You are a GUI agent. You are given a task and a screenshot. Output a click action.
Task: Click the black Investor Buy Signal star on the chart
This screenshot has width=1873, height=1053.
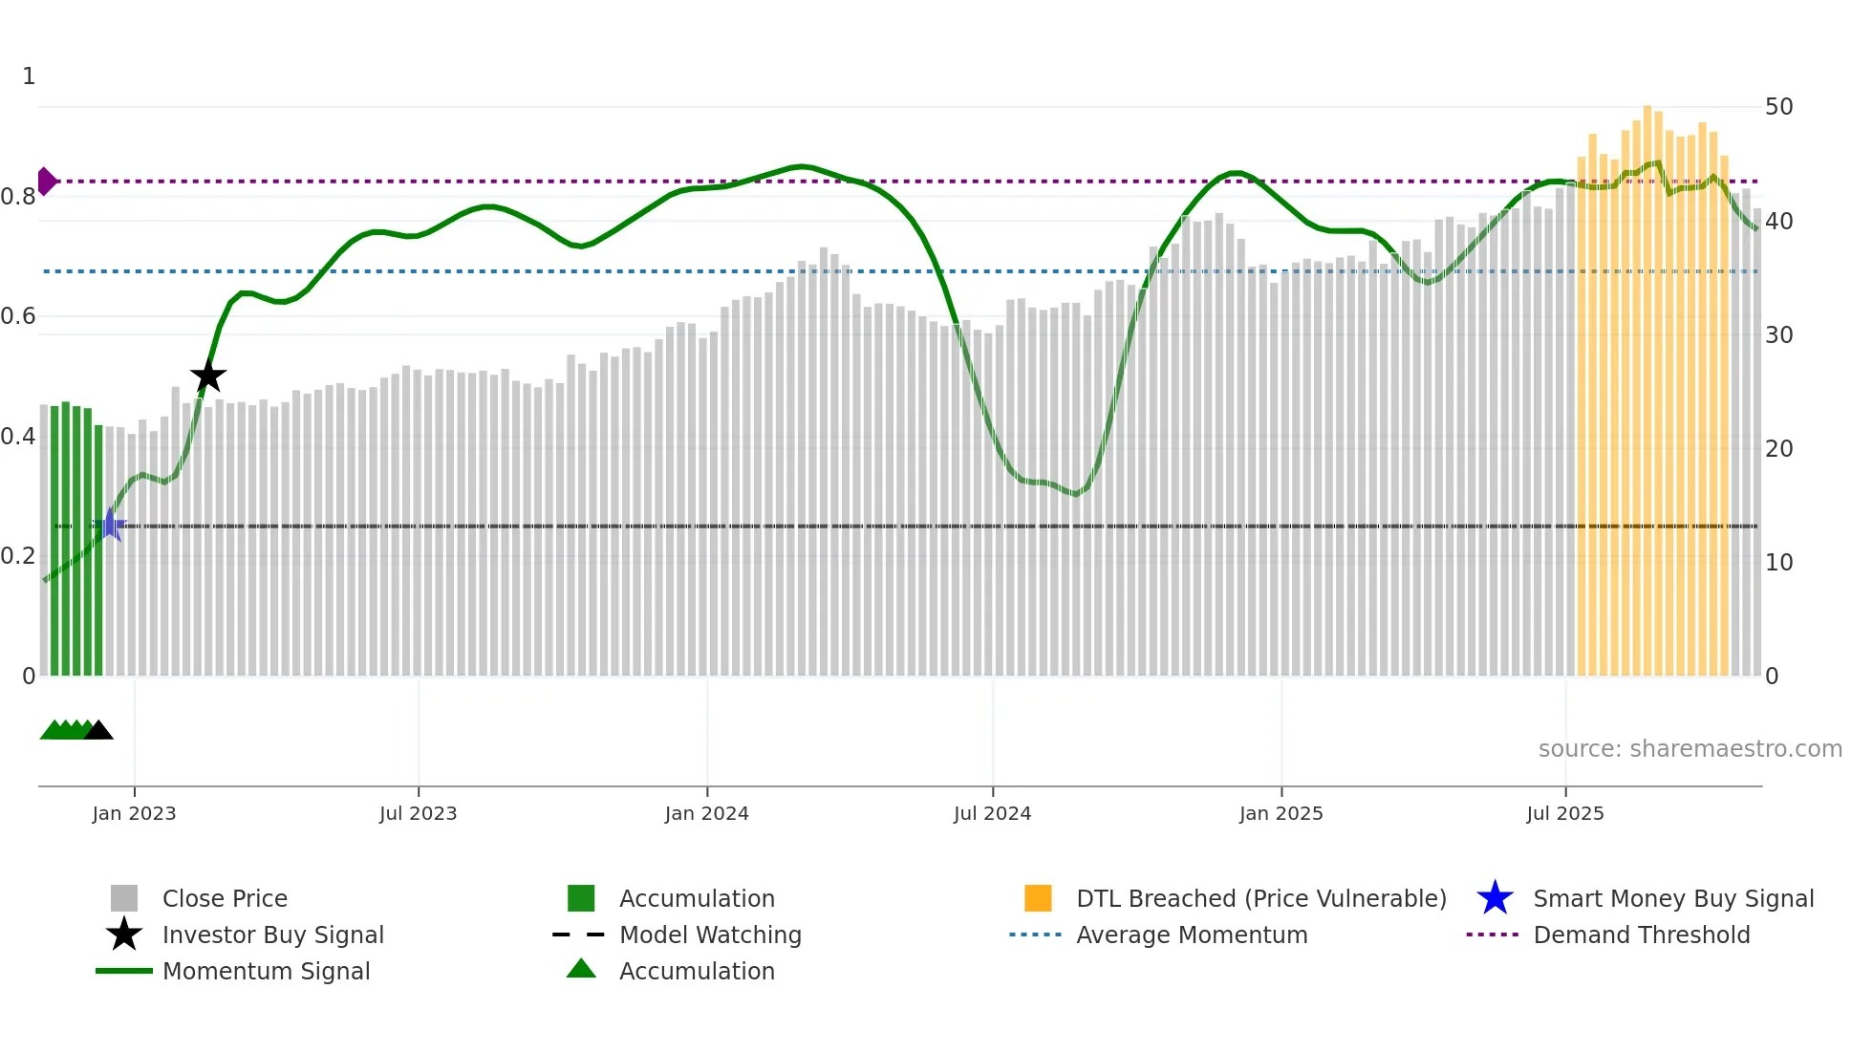click(208, 376)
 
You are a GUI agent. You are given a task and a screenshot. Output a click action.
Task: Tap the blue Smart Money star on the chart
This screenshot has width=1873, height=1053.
click(111, 526)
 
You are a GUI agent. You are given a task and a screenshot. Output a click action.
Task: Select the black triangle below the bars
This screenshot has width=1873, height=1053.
click(98, 731)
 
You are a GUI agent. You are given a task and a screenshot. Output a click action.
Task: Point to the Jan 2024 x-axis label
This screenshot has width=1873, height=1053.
click(706, 813)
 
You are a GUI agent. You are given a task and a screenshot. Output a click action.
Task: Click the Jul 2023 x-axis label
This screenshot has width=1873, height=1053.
click(418, 813)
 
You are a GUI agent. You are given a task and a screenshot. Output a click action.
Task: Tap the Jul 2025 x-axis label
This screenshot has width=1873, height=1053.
click(1564, 813)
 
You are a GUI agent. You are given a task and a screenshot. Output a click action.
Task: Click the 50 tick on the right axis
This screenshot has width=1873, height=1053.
click(1778, 107)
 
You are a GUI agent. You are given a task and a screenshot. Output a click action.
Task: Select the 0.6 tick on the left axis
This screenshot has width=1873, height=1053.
click(18, 316)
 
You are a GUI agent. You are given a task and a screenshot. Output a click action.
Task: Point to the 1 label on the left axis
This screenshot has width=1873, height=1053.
click(29, 76)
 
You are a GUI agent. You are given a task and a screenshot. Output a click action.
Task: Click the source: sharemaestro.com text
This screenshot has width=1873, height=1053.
click(1690, 749)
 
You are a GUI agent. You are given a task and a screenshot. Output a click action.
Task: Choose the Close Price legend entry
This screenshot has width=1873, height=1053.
click(225, 898)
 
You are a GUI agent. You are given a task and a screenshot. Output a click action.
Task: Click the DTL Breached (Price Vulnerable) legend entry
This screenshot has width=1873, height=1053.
click(1260, 898)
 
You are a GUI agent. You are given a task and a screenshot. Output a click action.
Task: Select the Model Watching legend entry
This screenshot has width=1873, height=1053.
click(709, 935)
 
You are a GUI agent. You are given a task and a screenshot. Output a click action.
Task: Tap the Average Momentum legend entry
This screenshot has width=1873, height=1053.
click(1191, 935)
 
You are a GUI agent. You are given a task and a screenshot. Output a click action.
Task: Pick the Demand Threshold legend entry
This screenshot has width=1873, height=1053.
click(1641, 935)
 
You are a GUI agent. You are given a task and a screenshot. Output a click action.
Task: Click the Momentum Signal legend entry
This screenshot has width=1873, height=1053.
click(266, 971)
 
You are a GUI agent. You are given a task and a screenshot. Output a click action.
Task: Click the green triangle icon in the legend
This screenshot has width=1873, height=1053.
click(581, 969)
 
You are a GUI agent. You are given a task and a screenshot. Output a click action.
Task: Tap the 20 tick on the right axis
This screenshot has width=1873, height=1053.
click(1778, 449)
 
